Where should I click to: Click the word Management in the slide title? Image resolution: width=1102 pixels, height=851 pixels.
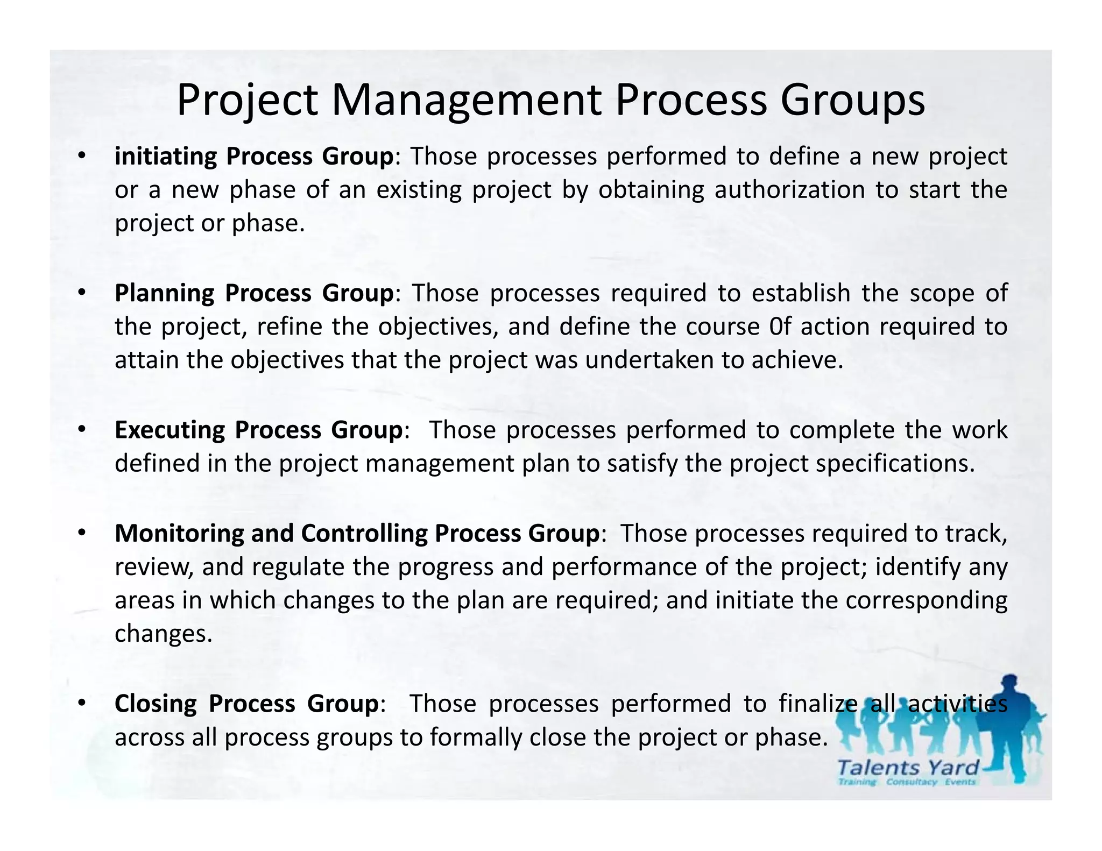466,101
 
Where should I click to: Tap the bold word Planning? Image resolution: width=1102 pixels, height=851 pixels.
165,294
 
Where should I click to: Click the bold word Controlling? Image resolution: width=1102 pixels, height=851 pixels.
364,534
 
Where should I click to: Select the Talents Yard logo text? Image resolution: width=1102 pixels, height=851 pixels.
908,767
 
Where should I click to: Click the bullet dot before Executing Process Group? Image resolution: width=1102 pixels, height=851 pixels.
81,430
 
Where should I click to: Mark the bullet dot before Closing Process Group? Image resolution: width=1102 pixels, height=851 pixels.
81,704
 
